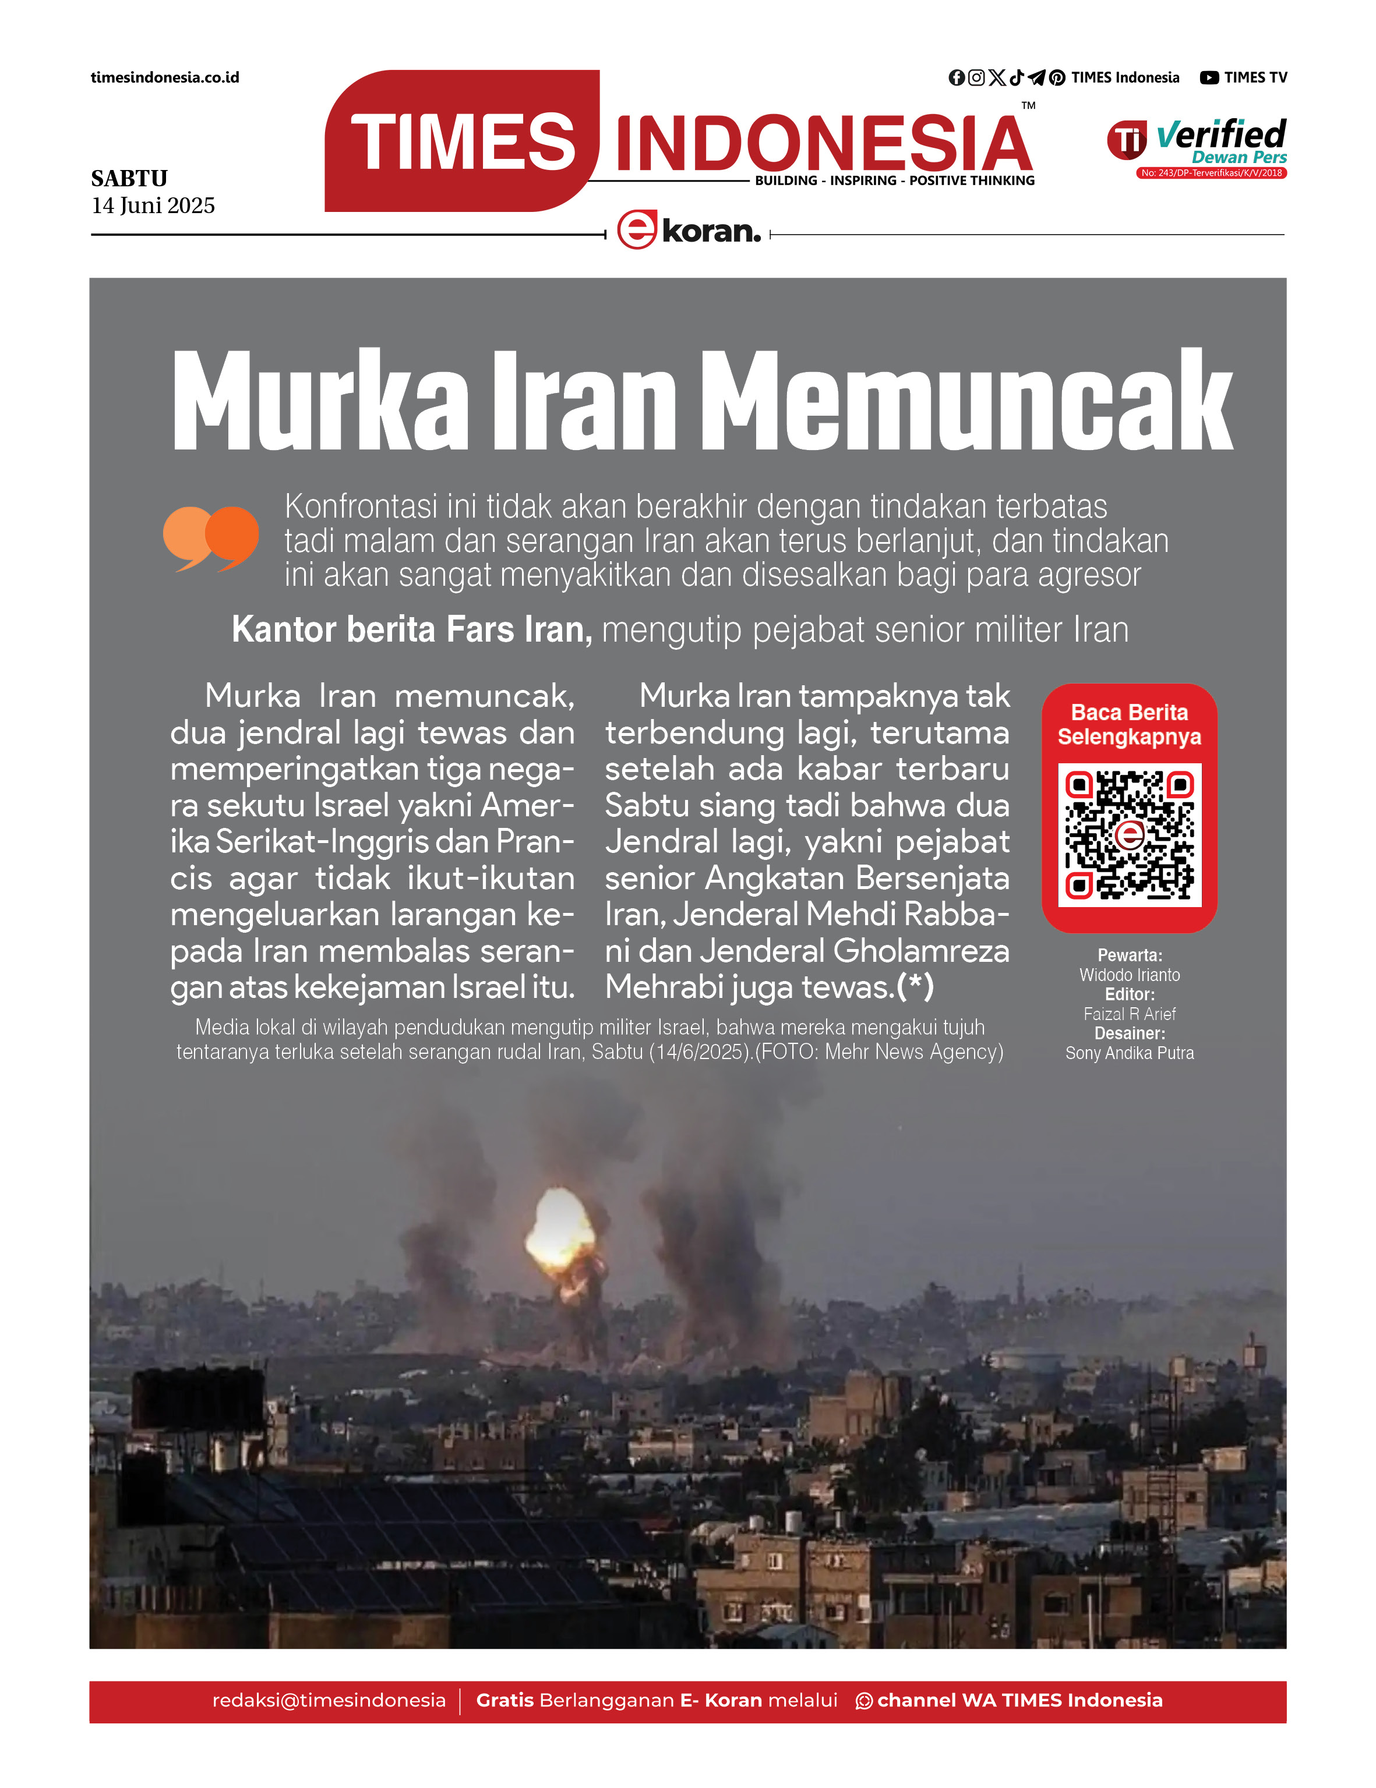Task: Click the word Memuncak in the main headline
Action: [966, 401]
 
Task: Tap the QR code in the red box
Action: [1130, 834]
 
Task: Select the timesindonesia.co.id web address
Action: [165, 78]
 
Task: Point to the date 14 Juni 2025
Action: [153, 206]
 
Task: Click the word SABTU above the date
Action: [129, 179]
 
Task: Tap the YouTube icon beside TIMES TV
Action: [1209, 78]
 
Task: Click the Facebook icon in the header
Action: [956, 78]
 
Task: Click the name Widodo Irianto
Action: [1130, 975]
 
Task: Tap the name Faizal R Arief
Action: [1130, 1014]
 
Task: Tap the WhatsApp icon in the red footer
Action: [863, 1701]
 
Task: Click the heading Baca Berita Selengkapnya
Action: [1130, 724]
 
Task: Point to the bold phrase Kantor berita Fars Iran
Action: [412, 629]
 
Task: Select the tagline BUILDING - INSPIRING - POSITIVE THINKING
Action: [894, 181]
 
